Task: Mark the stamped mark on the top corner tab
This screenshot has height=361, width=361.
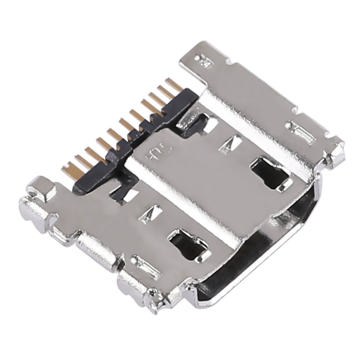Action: pyautogui.click(x=202, y=60)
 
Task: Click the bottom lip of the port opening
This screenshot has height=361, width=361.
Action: pyautogui.click(x=231, y=294)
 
